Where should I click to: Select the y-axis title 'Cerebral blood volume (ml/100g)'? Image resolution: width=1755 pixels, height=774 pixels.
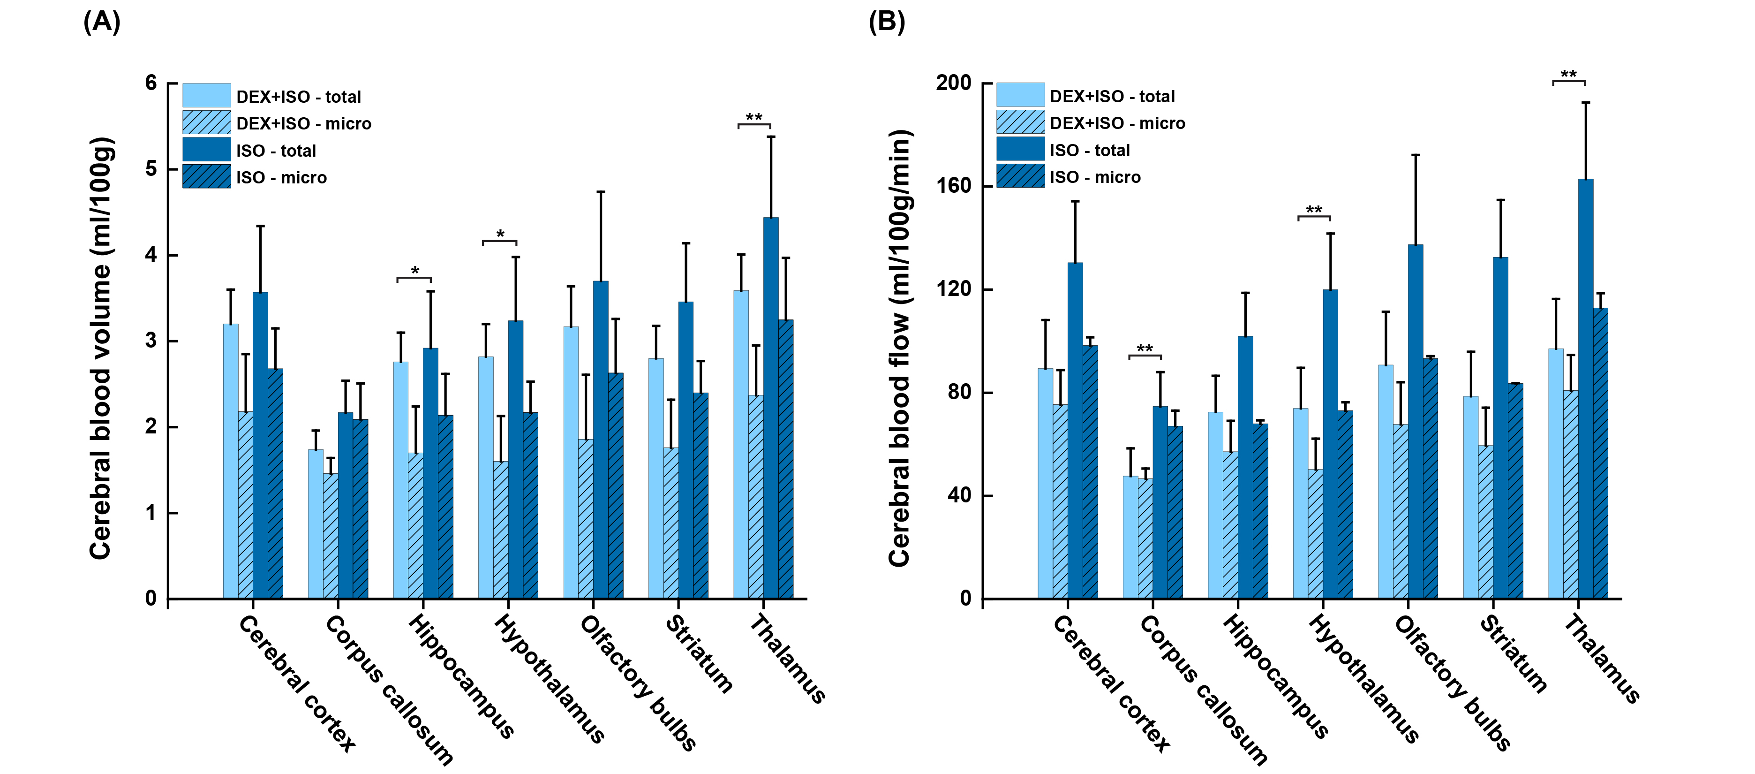(x=101, y=349)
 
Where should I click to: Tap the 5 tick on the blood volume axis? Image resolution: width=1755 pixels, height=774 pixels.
(x=151, y=169)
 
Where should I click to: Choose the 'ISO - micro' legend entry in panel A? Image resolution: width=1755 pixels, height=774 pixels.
(x=281, y=178)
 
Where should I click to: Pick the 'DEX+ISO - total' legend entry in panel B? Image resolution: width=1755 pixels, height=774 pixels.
(x=1112, y=97)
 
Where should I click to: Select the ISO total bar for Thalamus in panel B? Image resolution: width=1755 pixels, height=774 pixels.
(x=1585, y=388)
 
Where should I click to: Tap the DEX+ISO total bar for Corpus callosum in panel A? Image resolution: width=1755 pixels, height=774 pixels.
(x=316, y=524)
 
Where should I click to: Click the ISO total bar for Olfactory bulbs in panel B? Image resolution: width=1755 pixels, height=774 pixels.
(x=1415, y=423)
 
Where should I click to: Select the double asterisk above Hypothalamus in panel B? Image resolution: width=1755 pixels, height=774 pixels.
(x=1313, y=210)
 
